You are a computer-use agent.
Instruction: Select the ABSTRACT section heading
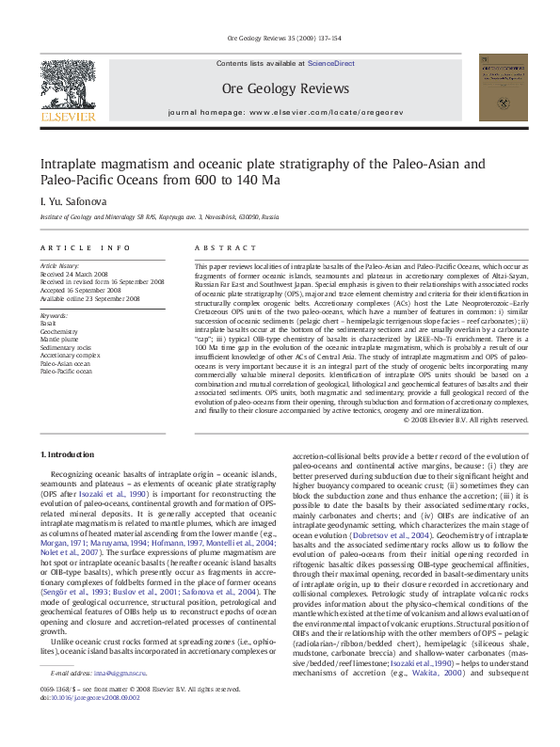(222, 247)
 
